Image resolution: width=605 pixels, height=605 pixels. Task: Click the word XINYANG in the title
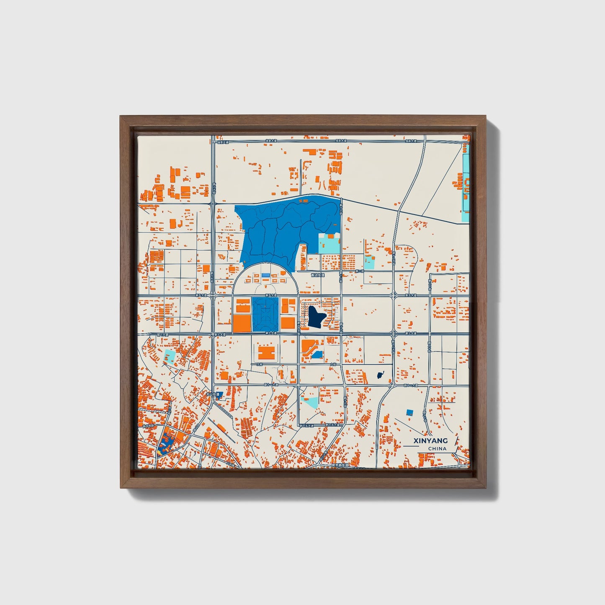430,440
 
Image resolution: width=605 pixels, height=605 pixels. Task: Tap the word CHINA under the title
437,449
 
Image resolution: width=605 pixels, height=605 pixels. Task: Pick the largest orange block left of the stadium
242,323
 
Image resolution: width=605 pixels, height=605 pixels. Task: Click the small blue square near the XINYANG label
409,412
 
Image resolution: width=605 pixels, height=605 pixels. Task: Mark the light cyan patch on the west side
170,357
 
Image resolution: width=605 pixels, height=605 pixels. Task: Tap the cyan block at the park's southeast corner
329,244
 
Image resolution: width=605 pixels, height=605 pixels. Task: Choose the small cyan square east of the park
369,263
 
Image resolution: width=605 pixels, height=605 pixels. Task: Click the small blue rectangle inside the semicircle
266,275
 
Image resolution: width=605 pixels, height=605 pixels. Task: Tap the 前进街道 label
318,275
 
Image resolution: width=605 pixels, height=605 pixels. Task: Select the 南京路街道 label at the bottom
339,465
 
